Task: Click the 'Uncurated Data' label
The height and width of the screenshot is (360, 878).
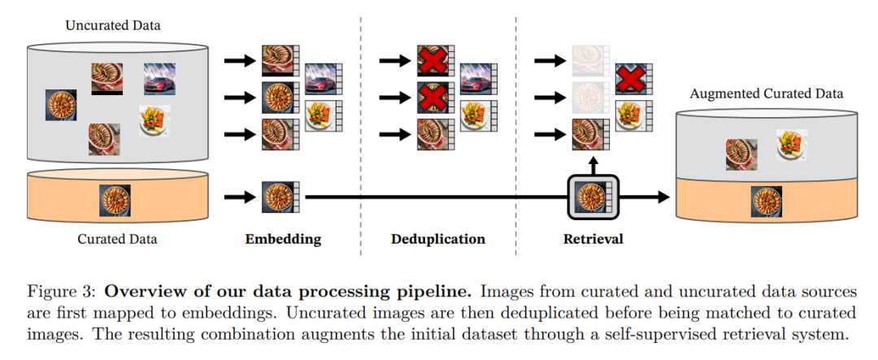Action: [x=113, y=25]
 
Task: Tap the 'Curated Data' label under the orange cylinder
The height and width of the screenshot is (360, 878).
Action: [x=117, y=239]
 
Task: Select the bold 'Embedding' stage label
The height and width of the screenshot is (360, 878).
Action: [x=283, y=239]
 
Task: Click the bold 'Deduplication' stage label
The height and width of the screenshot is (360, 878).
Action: [x=438, y=239]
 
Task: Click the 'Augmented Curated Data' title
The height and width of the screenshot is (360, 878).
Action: [x=766, y=93]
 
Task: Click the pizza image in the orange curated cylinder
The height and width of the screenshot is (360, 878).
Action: [x=115, y=200]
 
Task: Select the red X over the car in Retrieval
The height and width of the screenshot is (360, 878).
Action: [x=630, y=80]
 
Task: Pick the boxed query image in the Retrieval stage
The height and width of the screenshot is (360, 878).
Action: [x=591, y=197]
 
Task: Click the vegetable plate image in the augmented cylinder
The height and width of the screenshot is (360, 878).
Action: [x=791, y=144]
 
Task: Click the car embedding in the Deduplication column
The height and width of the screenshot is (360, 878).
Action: [x=477, y=80]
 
